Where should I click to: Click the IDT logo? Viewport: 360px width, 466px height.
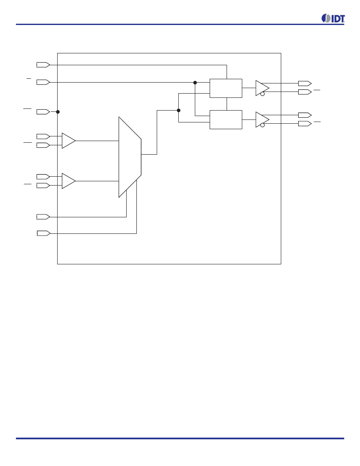pos(333,18)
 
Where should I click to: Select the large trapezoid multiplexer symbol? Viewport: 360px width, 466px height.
pos(130,157)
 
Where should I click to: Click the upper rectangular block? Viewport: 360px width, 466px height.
pos(226,88)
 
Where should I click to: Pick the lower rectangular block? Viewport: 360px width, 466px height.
pos(226,120)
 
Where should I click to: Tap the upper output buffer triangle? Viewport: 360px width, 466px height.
pos(262,88)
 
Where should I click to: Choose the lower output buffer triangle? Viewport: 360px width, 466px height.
pos(262,119)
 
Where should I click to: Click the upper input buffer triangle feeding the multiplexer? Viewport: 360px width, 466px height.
pos(69,141)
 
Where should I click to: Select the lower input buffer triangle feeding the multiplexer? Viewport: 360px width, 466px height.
pos(69,181)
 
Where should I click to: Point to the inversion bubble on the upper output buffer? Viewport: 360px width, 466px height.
pos(263,94)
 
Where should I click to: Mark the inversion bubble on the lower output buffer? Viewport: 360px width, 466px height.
pos(263,125)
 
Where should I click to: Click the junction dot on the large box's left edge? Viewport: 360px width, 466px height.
pos(58,112)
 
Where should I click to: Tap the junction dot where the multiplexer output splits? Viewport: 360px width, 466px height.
pos(178,110)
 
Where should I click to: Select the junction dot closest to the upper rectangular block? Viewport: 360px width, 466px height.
pos(195,83)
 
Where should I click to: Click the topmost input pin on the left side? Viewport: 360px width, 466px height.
pos(43,65)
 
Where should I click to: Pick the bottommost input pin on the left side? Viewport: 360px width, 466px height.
pos(44,233)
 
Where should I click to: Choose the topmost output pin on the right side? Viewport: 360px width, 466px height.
pos(305,83)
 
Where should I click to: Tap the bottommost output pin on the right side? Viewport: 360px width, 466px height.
pos(305,124)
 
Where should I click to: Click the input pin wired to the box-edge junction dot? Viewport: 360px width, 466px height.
pos(43,112)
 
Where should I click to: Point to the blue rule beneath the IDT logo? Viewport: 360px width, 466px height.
pos(180,25)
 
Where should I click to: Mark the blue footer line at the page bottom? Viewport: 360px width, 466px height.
pos(180,438)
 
